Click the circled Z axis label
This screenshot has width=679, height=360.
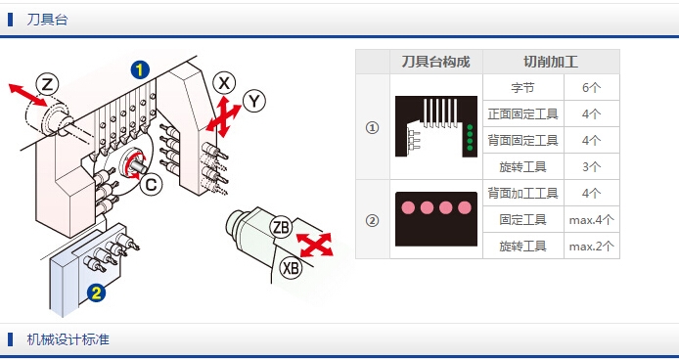47,85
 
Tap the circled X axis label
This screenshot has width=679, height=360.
224,83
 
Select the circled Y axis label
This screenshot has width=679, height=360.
254,102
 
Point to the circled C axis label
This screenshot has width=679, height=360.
151,185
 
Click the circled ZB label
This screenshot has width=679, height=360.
281,227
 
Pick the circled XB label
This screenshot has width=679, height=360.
291,268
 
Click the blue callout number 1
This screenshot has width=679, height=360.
140,70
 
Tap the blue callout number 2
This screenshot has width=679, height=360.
96,293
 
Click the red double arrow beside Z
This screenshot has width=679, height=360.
27,95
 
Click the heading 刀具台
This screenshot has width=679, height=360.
47,20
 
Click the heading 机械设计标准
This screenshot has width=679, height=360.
68,339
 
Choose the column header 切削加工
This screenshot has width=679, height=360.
551,62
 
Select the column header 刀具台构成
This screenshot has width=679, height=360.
436,62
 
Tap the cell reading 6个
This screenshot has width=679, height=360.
592,88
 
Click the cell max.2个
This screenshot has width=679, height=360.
592,247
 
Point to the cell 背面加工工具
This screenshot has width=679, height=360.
523,194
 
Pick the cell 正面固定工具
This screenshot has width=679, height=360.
523,114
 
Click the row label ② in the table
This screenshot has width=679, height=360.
372,220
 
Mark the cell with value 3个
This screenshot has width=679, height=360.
592,166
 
